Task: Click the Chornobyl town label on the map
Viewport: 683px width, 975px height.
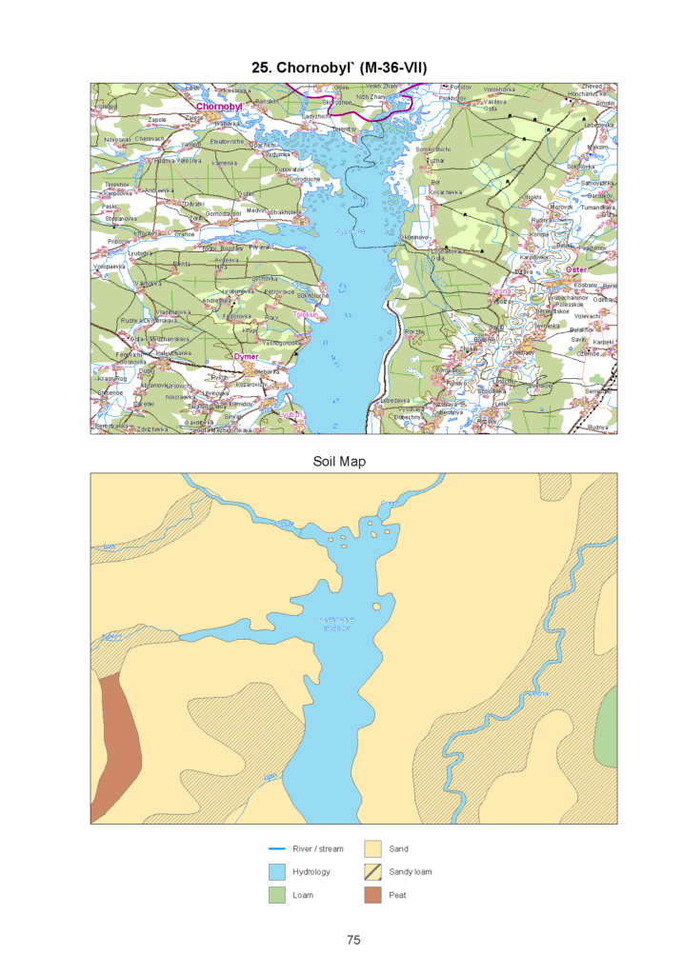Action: (x=219, y=107)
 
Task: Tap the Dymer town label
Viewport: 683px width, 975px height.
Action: (x=246, y=356)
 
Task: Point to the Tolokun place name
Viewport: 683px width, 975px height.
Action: (x=305, y=314)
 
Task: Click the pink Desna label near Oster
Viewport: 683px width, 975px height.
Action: (x=500, y=291)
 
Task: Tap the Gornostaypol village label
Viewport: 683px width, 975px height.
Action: (x=223, y=213)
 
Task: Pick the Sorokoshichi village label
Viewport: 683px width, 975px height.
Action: (x=432, y=149)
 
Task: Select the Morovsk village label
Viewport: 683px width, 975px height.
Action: (x=561, y=207)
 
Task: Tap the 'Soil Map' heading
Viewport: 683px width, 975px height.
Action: (x=339, y=462)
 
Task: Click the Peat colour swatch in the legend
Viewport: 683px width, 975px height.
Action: (x=372, y=895)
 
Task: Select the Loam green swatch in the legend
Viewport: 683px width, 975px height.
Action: (x=276, y=895)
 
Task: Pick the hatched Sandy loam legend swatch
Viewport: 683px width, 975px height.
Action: (x=372, y=871)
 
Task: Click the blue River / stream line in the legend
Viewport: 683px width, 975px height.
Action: (x=276, y=848)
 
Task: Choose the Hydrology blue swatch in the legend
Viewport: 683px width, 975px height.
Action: (x=276, y=871)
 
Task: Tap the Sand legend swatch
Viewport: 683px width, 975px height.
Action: (x=372, y=848)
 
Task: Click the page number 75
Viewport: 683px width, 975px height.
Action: (x=353, y=940)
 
